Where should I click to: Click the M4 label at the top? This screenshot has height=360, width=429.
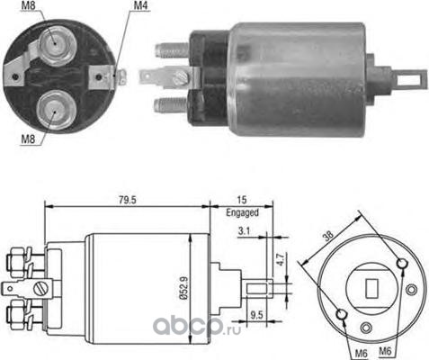pos(140,5)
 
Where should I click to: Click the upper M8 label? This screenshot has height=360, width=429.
pos(28,5)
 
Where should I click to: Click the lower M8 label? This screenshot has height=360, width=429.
pos(28,139)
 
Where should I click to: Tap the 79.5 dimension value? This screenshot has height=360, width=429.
pos(128,200)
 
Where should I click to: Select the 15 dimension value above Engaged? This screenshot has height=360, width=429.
pos(242,200)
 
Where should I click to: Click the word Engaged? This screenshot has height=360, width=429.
pos(242,212)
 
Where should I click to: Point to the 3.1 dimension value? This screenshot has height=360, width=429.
pos(244,231)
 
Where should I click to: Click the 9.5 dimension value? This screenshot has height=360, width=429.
pos(256,315)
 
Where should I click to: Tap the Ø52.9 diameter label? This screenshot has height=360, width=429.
pos(184,288)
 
